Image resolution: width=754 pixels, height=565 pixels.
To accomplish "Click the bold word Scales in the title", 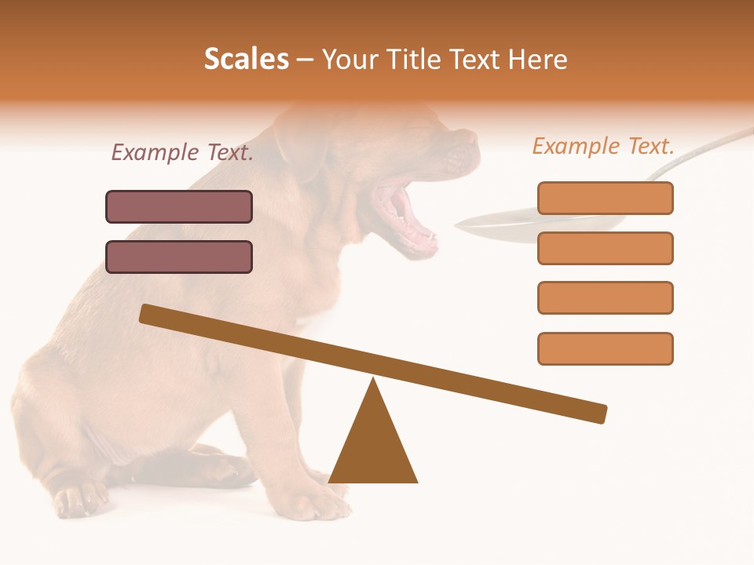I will coord(246,60).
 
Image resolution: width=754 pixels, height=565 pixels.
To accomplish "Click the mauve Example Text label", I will coord(182,152).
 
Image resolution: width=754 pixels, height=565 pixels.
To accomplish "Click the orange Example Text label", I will coord(603,146).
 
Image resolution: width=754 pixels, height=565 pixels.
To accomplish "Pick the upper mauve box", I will coord(179,207).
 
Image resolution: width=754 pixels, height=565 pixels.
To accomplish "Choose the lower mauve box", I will coord(179,257).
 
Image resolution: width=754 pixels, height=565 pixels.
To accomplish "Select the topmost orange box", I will coord(605,198).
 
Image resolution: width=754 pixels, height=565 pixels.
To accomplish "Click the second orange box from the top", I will coord(605,248).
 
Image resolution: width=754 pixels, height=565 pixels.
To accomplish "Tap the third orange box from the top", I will coord(605,298).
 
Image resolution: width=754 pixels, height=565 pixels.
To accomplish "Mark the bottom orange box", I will coord(605,348).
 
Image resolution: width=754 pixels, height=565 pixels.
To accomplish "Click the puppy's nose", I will coord(469,139).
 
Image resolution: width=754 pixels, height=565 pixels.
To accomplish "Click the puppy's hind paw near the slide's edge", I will coord(79,499).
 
